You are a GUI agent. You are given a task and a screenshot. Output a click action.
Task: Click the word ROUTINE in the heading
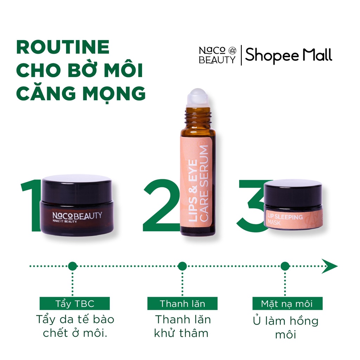click(63, 47)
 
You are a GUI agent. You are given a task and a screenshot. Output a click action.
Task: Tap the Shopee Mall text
click(288, 56)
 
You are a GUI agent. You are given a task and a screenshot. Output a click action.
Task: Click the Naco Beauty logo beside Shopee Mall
click(217, 56)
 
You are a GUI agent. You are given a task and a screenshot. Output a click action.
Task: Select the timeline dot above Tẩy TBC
click(72, 266)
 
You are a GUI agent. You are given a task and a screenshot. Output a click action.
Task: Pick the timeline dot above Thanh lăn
click(182, 266)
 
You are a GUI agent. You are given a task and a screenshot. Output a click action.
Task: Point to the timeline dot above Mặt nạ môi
click(285, 266)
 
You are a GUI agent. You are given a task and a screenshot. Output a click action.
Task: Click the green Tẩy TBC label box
click(75, 303)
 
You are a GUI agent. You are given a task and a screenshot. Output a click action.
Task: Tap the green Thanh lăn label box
click(182, 303)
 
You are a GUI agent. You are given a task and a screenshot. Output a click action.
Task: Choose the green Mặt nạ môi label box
click(287, 303)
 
